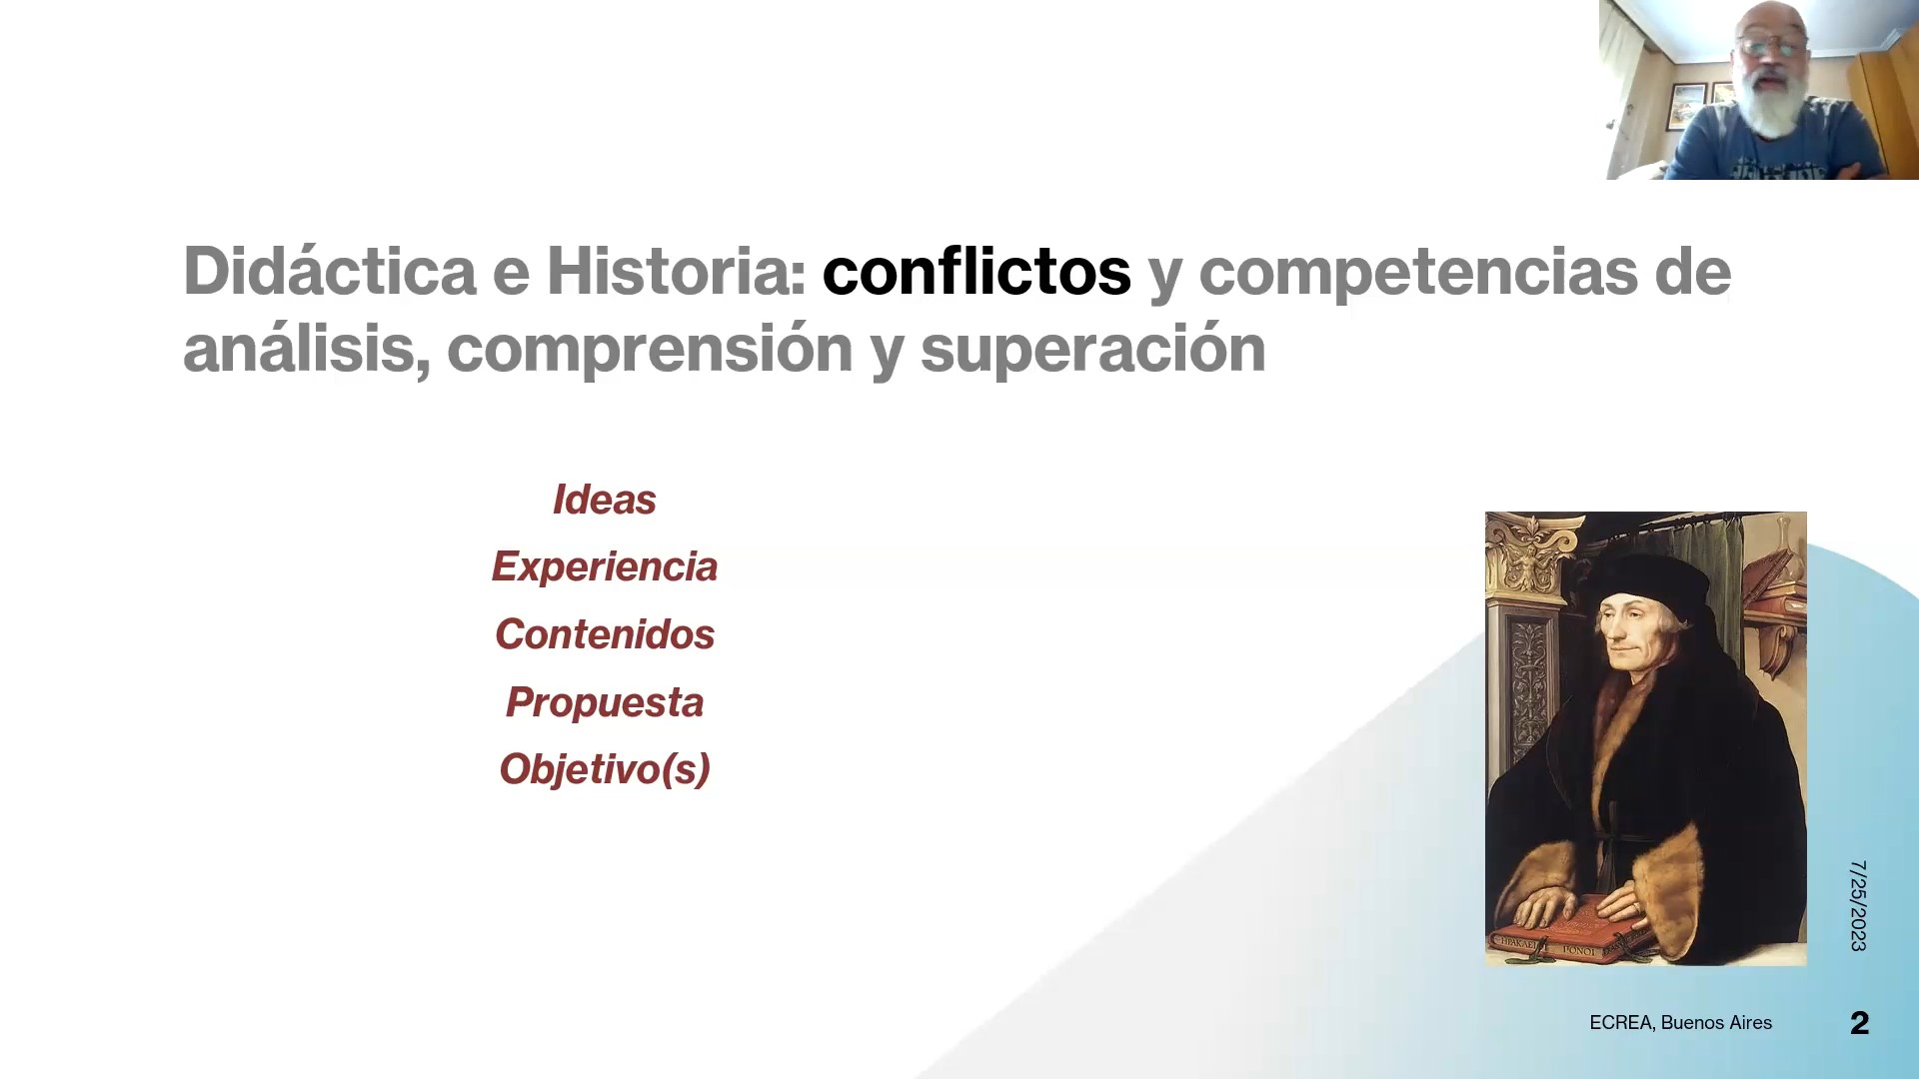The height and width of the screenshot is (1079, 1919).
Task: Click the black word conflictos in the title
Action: tap(976, 272)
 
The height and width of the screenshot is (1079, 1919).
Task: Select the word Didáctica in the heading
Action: tap(330, 271)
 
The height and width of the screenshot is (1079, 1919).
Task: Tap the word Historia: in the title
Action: tap(676, 271)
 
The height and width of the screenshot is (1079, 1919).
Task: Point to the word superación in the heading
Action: tap(1092, 350)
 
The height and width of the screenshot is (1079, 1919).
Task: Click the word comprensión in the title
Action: tap(650, 350)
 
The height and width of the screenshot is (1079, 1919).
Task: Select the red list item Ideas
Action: tap(605, 500)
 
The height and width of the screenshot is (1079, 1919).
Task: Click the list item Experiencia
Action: tap(605, 567)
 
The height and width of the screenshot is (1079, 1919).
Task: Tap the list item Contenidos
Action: tap(605, 634)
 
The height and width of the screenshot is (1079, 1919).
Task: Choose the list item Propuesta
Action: tap(605, 702)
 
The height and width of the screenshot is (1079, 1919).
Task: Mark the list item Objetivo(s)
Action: tap(605, 769)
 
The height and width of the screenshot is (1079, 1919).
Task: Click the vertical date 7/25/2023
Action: tap(1858, 905)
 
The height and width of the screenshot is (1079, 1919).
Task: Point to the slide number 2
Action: tap(1859, 1023)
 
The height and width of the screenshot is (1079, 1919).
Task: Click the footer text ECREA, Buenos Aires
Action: tap(1680, 1023)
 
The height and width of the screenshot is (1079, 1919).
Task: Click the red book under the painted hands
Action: tap(1569, 931)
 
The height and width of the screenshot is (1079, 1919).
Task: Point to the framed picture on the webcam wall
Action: tap(1687, 106)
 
